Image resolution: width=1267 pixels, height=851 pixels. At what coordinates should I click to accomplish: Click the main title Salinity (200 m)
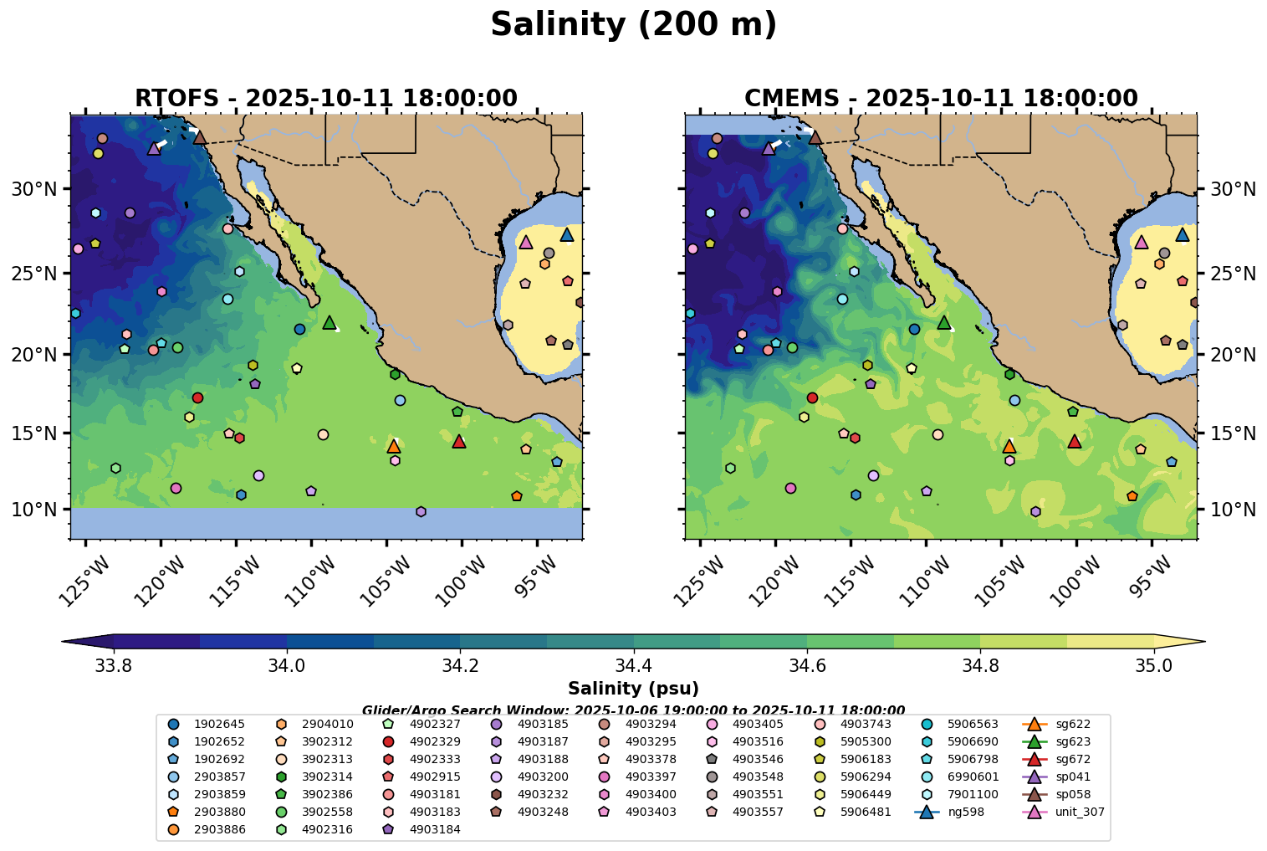633,25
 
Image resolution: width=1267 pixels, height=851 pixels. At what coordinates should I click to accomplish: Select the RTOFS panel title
326,99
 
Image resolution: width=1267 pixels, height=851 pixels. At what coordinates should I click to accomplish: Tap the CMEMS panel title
941,99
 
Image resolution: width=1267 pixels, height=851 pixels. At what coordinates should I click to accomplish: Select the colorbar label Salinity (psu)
633,689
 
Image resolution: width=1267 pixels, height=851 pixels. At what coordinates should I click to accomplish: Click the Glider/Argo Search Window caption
633,710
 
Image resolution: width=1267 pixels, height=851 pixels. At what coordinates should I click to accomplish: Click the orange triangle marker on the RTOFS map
394,446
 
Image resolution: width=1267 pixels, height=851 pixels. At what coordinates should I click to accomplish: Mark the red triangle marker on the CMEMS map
1075,441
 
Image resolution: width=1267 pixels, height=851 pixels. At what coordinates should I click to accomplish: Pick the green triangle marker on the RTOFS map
330,322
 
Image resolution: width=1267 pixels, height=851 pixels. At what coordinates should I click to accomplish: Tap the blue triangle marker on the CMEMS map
1183,234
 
